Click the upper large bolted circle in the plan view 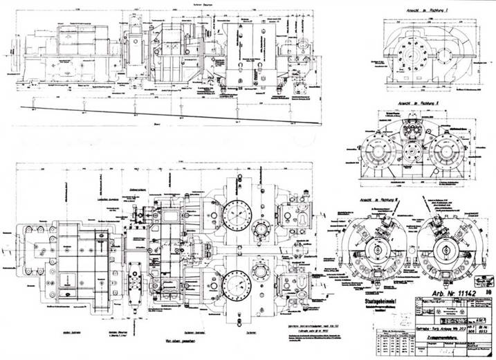(x=239, y=215)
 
